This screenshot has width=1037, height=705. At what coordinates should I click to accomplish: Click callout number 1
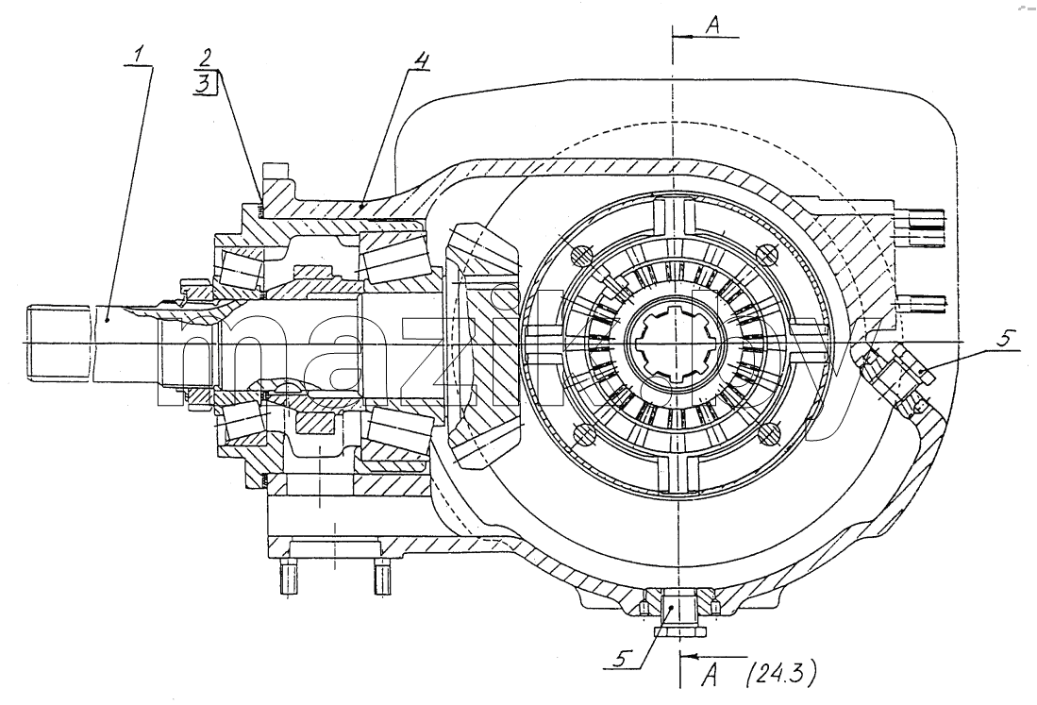click(x=138, y=56)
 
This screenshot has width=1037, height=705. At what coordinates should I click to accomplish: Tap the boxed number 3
click(x=205, y=83)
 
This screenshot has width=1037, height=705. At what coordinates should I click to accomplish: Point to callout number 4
click(x=421, y=59)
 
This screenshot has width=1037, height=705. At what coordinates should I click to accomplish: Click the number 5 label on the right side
click(x=1003, y=339)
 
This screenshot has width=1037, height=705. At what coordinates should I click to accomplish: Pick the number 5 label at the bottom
click(x=622, y=659)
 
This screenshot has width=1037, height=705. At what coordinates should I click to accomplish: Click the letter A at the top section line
click(x=712, y=25)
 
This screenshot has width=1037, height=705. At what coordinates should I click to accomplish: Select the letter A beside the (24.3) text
click(x=711, y=676)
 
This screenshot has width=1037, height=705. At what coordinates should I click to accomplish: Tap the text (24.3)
click(x=780, y=675)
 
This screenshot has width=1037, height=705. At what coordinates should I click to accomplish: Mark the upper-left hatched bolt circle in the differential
click(x=579, y=255)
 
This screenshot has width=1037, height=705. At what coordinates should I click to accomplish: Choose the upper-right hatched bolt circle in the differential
click(x=767, y=254)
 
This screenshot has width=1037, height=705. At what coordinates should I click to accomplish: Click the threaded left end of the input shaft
click(x=59, y=343)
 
